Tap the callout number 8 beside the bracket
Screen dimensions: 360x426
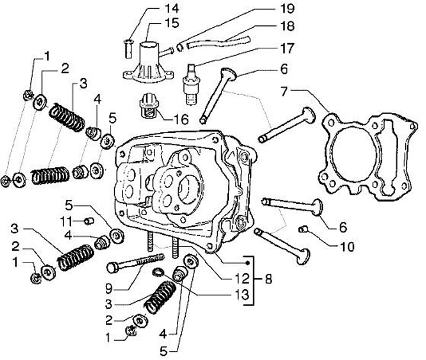tap(268, 277)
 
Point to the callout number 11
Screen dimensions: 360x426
tap(64, 221)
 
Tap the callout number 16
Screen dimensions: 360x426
tap(180, 118)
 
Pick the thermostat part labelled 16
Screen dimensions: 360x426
tap(150, 106)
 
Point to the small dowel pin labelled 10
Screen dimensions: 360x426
tap(302, 229)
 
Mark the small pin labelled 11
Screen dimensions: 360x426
tap(89, 221)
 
